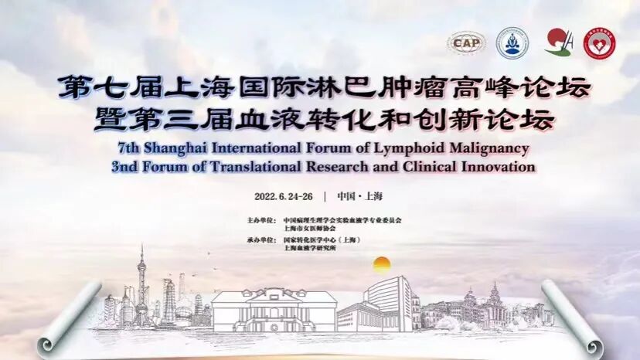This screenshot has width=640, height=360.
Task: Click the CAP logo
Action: (465, 43)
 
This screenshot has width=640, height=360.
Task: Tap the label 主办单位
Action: (260, 220)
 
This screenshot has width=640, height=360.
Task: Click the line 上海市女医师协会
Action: (305, 229)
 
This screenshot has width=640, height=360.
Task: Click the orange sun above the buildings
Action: (382, 264)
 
